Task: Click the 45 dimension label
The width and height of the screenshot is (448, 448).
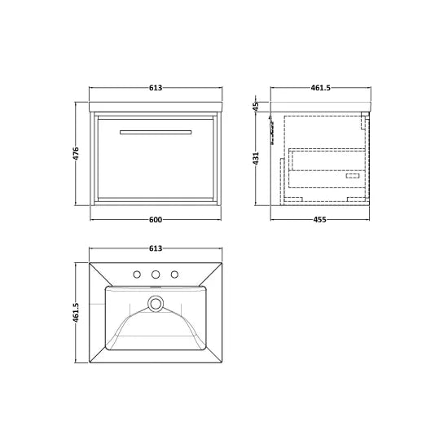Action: coord(256,106)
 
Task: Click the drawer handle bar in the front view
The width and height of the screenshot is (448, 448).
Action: coord(156,131)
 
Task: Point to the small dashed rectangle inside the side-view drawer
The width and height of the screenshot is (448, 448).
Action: coord(353,175)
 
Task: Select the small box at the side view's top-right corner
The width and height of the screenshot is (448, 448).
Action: coord(365,116)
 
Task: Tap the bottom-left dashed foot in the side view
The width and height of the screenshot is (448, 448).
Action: coord(296,197)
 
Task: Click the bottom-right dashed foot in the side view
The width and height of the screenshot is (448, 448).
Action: coord(356,197)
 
